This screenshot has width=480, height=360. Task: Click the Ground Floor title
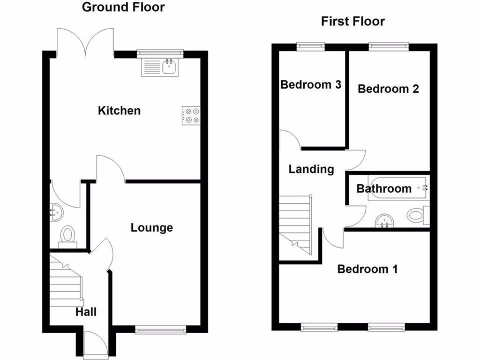pos(123,7)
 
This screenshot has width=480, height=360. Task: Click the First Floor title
pos(352,22)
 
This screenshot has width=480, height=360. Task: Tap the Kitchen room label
pos(119,111)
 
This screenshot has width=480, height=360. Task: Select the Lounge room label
pos(151,228)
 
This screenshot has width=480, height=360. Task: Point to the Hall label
pos(86,312)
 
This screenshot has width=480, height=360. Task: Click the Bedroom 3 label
pos(311,85)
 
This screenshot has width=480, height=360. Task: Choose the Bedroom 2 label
pos(388,89)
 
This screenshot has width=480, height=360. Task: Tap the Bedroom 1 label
pos(367,269)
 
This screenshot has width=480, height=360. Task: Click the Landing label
pos(311,169)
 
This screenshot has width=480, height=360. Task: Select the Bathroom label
pos(384,189)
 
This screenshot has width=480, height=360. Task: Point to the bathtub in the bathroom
pos(398,188)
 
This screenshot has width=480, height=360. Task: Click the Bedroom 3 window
pos(310,45)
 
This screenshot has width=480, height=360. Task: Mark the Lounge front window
pos(160,330)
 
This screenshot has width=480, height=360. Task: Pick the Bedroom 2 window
pos(388,45)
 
